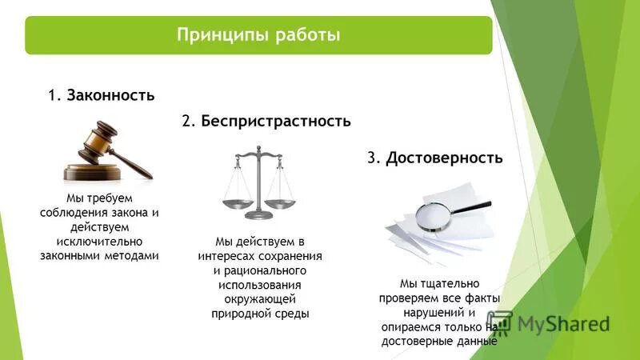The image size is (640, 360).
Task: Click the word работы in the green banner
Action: pos(308,35)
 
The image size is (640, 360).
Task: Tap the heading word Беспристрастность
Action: pos(276,122)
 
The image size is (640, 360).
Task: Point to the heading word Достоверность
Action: pos(444,158)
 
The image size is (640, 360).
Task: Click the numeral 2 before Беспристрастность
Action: pos(186,122)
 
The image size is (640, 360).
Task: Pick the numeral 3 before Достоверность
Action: pos(372,158)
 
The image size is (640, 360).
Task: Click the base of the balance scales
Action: pos(258,214)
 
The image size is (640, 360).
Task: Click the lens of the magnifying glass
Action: pos(435,216)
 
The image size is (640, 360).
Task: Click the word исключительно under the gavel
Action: pos(99,241)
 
